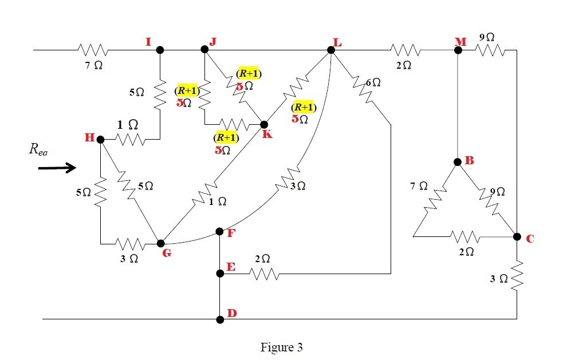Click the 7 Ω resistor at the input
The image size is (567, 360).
92,50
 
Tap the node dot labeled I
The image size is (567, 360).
160,50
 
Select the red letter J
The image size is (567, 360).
213,41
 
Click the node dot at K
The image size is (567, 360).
264,124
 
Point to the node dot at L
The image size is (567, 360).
331,50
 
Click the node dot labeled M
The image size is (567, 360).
458,50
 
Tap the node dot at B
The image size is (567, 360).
458,162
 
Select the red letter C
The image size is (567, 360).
530,238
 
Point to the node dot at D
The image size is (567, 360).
220,319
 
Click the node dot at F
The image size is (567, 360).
220,232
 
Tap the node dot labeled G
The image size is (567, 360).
160,244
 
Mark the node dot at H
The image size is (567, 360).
100,139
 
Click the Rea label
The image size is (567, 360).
38,150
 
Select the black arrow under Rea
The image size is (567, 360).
57,168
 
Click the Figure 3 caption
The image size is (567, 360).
282,347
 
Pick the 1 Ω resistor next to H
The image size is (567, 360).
132,139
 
